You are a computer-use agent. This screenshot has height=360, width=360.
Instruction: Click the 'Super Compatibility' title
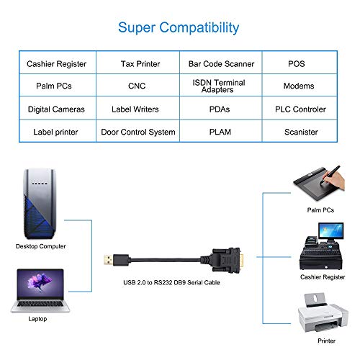pyautogui.click(x=179, y=28)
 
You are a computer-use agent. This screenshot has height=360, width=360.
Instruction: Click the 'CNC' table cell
pyautogui.click(x=137, y=86)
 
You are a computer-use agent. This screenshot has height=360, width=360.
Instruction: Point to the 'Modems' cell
pyautogui.click(x=299, y=86)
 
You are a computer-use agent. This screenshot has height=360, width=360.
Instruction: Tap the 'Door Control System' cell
pyautogui.click(x=138, y=132)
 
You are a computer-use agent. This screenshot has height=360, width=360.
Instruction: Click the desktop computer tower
pyautogui.click(x=40, y=204)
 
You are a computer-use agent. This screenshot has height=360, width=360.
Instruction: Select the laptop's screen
pyautogui.click(x=40, y=284)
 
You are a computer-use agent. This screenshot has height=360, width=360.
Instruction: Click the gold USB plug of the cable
pyautogui.click(x=108, y=260)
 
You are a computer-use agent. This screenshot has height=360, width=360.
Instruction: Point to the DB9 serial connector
pyautogui.click(x=226, y=260)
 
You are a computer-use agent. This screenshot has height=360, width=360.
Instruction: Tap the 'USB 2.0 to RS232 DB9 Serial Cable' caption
pyautogui.click(x=171, y=282)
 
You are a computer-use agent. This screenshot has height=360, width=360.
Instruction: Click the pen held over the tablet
pyautogui.click(x=330, y=174)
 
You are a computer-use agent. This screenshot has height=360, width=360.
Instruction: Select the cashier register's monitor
pyautogui.click(x=330, y=230)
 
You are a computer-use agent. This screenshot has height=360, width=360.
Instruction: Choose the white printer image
pyautogui.click(x=323, y=312)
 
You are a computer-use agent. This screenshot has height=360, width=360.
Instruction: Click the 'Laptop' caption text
pyautogui.click(x=37, y=319)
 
